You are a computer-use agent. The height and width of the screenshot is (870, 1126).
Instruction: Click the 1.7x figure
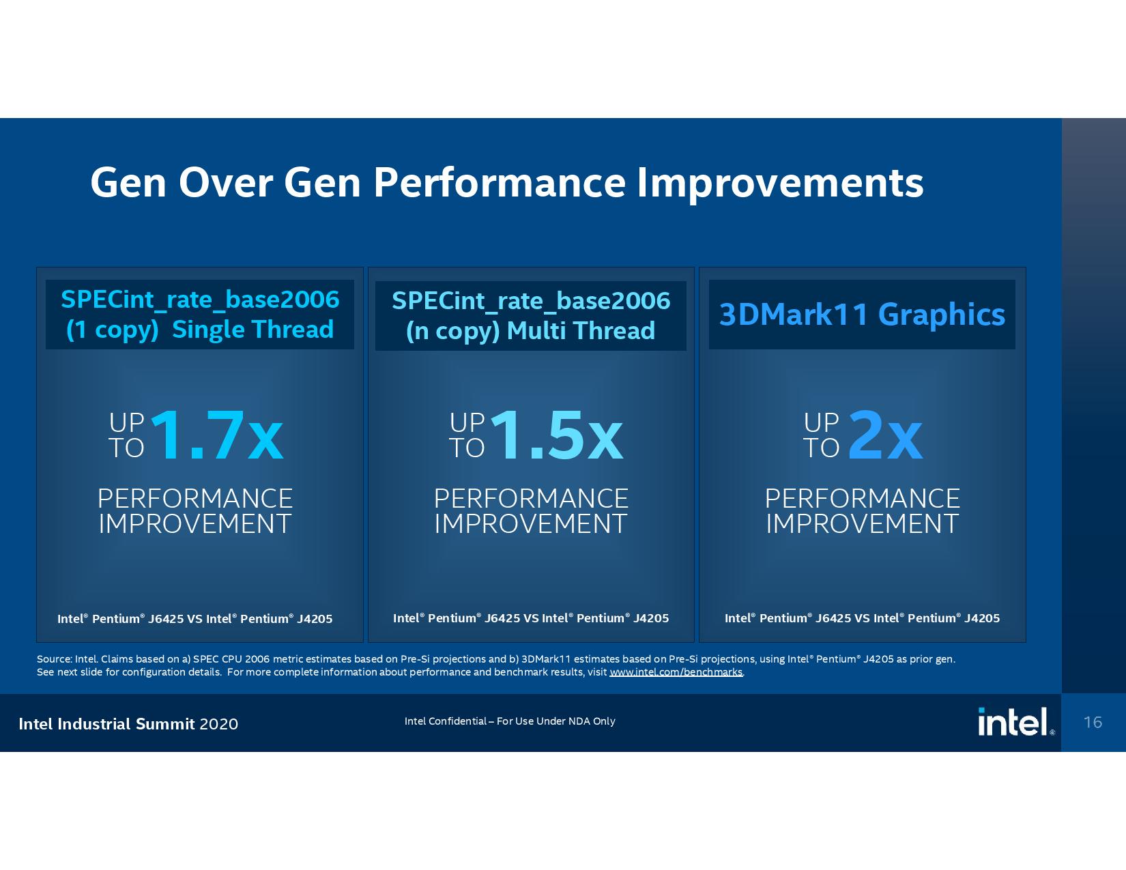point(216,435)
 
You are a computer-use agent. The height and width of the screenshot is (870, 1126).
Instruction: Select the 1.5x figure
point(556,435)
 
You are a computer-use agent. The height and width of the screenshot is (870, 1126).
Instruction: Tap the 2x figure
point(885,435)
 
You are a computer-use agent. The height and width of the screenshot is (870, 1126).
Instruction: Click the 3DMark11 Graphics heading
point(862,314)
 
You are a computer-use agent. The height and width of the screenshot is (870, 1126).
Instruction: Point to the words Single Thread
point(252,330)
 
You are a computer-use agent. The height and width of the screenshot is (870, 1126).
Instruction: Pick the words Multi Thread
point(581,331)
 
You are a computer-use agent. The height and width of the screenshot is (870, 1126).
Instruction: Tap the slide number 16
point(1093,722)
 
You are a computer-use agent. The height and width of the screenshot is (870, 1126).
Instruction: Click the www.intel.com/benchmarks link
point(676,672)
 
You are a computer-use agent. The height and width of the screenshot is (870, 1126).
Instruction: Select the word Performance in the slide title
point(499,182)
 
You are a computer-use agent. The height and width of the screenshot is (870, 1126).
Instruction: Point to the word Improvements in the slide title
point(779,182)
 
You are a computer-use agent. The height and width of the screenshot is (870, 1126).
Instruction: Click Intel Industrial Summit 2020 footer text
point(128,724)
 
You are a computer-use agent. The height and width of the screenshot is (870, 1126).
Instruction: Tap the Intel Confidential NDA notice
point(510,721)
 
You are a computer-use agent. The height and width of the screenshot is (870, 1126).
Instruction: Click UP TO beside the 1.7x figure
point(127,435)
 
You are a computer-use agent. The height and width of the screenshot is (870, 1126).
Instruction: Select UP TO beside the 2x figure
point(821,435)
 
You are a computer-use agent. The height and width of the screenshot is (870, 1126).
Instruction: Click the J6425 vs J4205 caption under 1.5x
point(531,618)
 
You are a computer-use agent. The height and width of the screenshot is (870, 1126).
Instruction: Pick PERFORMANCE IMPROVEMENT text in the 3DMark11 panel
point(862,511)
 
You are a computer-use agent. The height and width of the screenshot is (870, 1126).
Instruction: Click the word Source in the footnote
point(54,659)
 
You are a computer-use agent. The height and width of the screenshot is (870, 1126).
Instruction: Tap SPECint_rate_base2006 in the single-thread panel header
point(200,300)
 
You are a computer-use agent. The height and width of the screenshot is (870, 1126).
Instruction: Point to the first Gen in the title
point(128,182)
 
